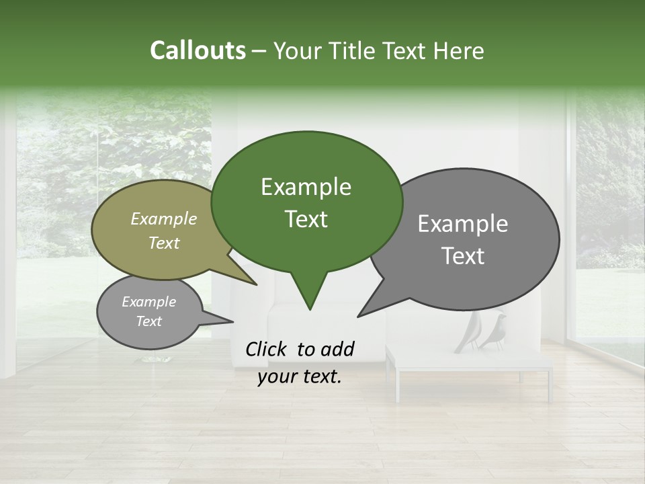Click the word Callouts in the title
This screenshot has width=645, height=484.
[x=198, y=50]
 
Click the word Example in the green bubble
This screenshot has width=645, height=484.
[x=306, y=187]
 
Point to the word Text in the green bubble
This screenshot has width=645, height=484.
[x=306, y=219]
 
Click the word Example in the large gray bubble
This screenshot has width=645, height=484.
[x=463, y=224]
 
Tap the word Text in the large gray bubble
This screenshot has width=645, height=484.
[x=463, y=256]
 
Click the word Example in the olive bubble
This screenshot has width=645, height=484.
[x=164, y=218]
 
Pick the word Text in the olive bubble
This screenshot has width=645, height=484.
[x=164, y=243]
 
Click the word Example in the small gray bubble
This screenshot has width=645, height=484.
[x=148, y=302]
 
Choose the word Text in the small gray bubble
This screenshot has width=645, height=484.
[x=148, y=321]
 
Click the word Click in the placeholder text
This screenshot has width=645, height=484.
[x=267, y=349]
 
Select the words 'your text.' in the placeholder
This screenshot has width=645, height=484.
[x=300, y=377]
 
